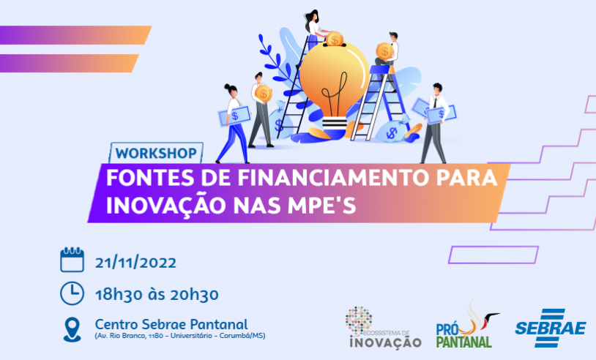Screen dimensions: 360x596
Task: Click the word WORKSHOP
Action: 154,154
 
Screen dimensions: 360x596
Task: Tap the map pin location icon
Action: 72,329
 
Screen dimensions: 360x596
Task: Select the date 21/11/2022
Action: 135,262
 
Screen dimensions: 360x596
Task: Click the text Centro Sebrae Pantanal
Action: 171,323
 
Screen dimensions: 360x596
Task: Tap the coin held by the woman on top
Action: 334,39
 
